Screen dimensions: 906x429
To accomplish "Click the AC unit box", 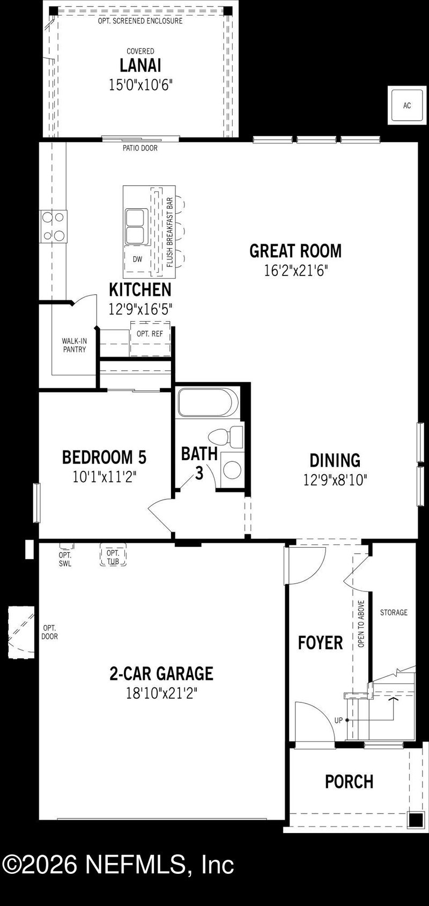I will click(x=406, y=105).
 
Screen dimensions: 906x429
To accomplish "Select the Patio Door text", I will click(x=140, y=148).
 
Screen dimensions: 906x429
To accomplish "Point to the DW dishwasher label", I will click(x=138, y=259).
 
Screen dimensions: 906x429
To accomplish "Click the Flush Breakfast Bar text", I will click(x=169, y=233).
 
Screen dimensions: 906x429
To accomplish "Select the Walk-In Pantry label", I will click(x=74, y=345).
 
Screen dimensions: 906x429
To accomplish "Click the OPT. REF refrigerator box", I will click(x=150, y=334).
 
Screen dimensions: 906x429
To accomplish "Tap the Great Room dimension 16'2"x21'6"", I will click(x=295, y=270).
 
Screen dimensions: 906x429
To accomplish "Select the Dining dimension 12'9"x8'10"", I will click(x=335, y=480).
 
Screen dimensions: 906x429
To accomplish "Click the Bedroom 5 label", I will click(x=104, y=458).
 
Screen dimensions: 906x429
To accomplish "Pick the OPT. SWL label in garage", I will click(x=65, y=559).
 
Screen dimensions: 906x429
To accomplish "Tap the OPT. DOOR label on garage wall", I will click(x=50, y=632).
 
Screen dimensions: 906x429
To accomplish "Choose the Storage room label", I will click(x=394, y=612).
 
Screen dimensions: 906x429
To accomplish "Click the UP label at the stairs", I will click(x=338, y=721).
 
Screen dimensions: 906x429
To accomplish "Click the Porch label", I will click(x=349, y=781).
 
